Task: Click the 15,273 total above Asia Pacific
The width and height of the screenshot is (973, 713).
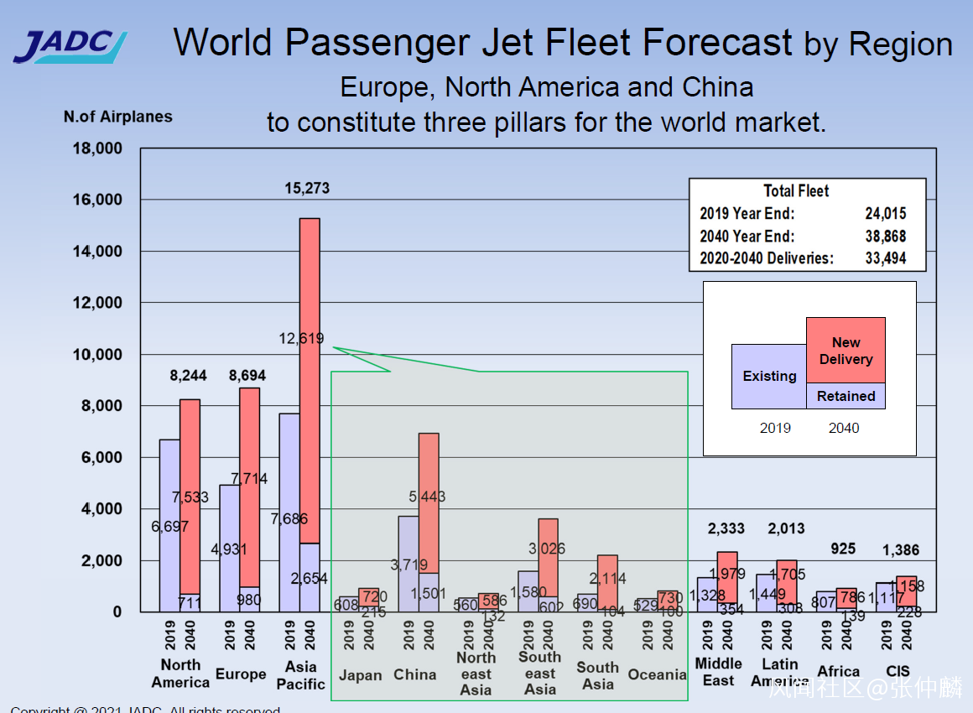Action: coord(307,189)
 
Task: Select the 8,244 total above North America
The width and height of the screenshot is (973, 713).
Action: coord(188,376)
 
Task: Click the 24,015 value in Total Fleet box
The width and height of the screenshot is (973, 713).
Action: coord(885,214)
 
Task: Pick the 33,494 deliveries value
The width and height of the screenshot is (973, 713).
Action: coord(885,258)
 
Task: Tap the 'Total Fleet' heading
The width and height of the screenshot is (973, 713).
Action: coord(796,191)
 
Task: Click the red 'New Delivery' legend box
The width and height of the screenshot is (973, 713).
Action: coord(846,351)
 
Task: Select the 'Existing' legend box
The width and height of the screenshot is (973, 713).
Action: coord(769,377)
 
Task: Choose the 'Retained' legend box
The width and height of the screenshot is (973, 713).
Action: coord(846,396)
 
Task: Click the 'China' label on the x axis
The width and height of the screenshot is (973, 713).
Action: coord(415,675)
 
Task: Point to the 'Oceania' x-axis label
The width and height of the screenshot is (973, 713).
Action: coord(657,675)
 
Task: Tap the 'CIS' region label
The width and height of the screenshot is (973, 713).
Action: coord(898,671)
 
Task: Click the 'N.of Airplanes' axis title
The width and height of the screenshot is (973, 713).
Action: coord(117,117)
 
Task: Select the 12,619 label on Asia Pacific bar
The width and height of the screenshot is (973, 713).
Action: coord(299,339)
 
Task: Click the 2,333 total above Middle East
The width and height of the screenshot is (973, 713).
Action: coord(726,528)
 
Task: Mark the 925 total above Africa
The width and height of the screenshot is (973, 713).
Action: coord(843,549)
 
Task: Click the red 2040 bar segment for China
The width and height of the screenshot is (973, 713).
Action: coord(429,503)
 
